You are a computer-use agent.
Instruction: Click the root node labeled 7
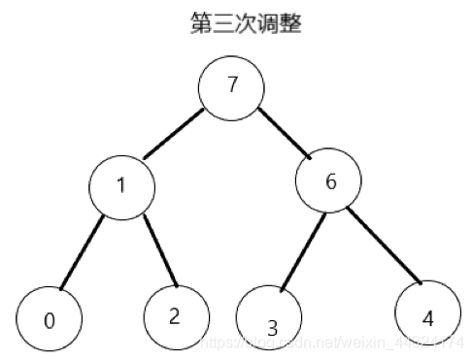[232, 85]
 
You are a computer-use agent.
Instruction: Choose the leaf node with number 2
[176, 313]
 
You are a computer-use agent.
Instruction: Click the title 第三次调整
[247, 23]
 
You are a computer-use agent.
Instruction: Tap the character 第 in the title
[202, 23]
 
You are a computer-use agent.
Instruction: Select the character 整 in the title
[290, 23]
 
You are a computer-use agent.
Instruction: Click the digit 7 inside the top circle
[232, 85]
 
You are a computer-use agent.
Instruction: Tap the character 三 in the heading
[224, 23]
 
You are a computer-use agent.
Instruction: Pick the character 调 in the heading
[268, 23]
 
